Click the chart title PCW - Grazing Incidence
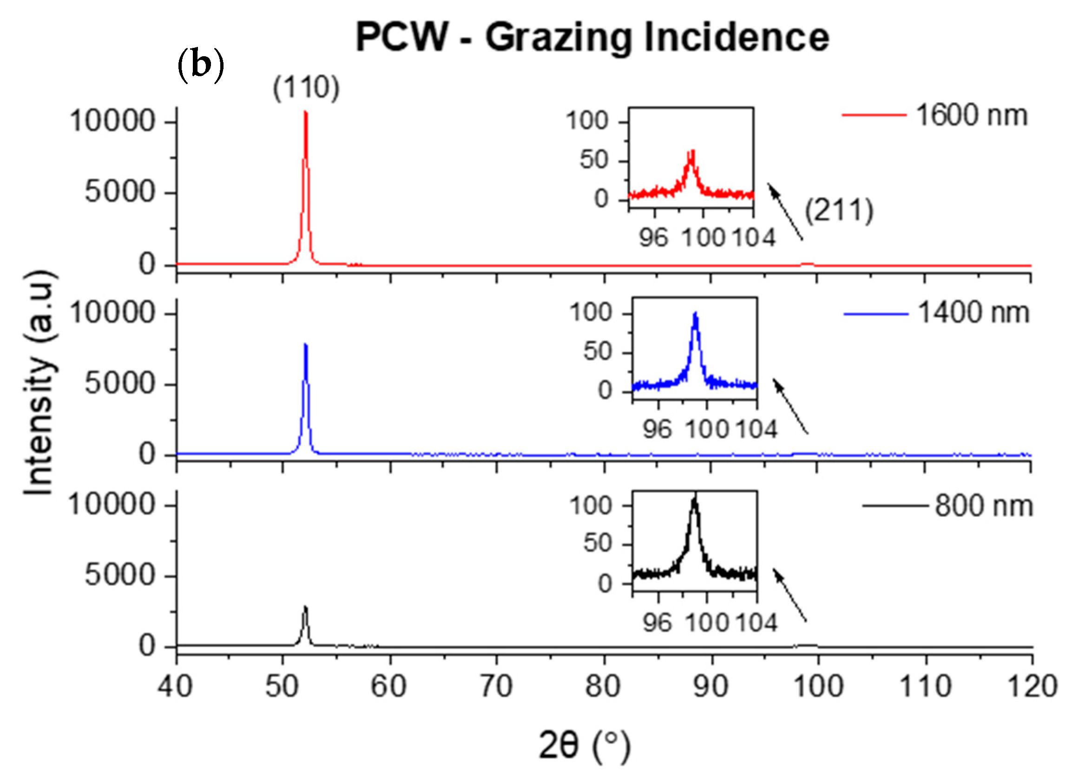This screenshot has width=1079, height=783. [592, 38]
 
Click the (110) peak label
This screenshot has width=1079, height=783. [306, 88]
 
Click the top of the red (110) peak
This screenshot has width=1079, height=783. [305, 113]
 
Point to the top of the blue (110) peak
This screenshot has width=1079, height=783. [305, 345]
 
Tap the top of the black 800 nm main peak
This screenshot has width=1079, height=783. [305, 608]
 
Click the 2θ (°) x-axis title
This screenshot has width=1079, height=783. [584, 745]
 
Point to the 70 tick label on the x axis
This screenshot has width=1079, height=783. [496, 686]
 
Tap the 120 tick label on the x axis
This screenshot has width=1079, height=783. [1032, 686]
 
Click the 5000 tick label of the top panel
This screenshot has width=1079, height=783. [120, 192]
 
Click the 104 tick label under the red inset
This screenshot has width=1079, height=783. [753, 237]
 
